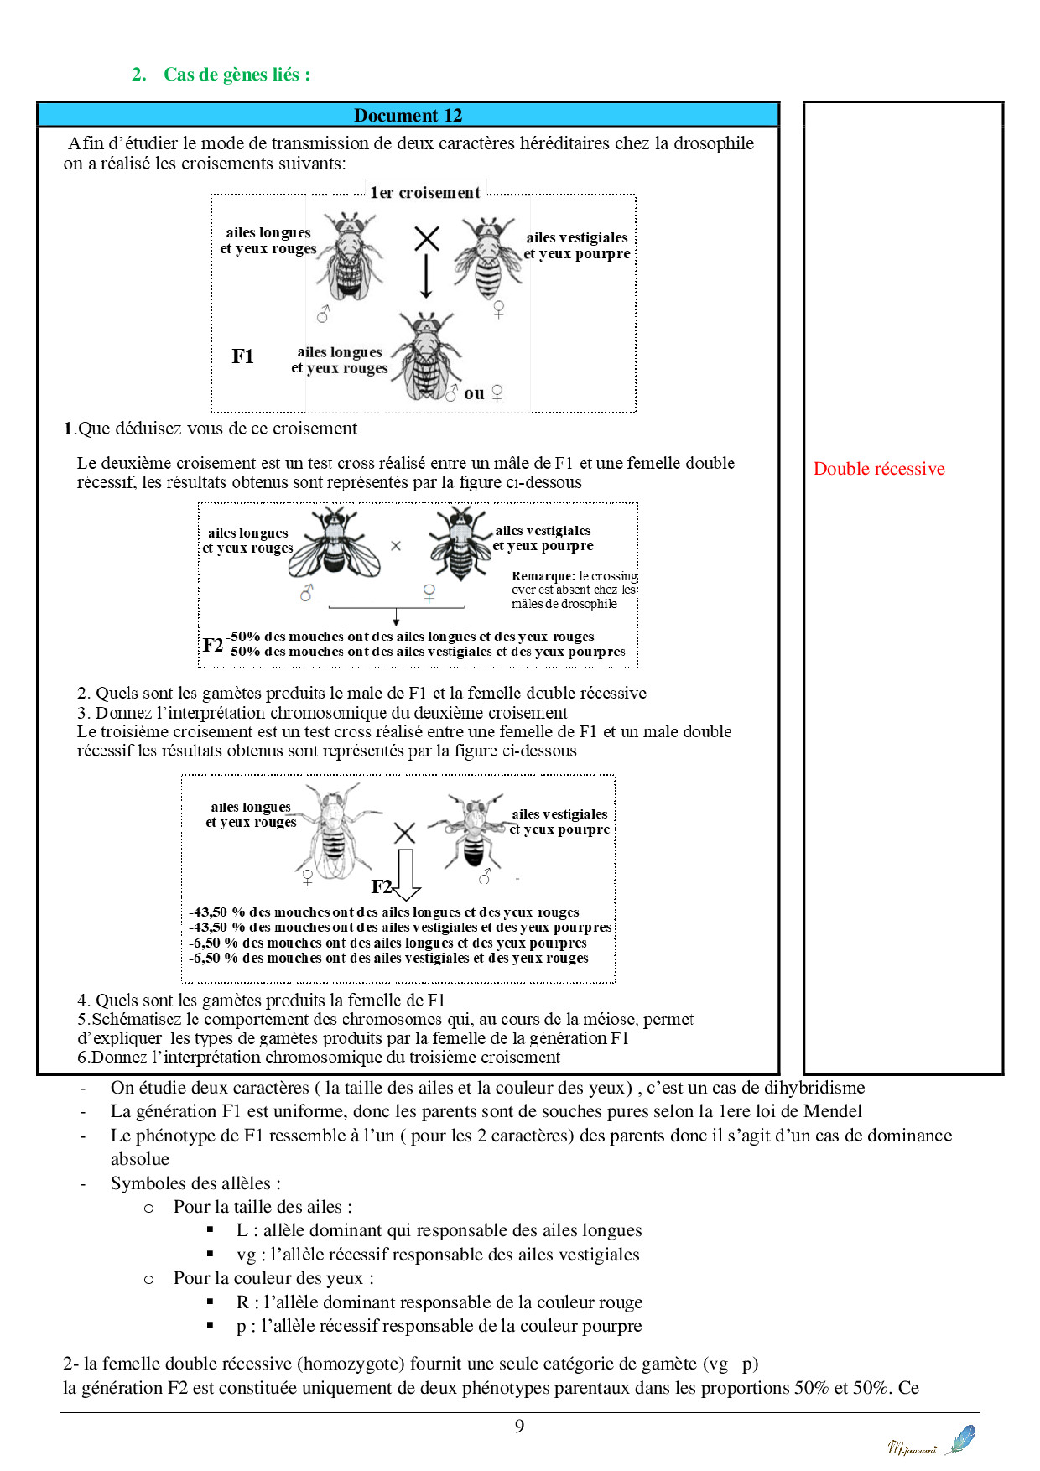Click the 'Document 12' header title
[x=408, y=115]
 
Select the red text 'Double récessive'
[x=878, y=469]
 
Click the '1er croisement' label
[x=425, y=192]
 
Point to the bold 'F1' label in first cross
[x=242, y=356]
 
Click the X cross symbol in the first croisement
[x=427, y=238]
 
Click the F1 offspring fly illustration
[x=427, y=357]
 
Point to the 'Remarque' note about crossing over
[x=574, y=590]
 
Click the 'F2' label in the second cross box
[x=212, y=645]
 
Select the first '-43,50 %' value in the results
[x=216, y=912]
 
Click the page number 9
[x=519, y=1426]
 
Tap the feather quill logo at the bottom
[x=960, y=1439]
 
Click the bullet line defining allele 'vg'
[x=437, y=1254]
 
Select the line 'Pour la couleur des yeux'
[x=273, y=1278]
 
